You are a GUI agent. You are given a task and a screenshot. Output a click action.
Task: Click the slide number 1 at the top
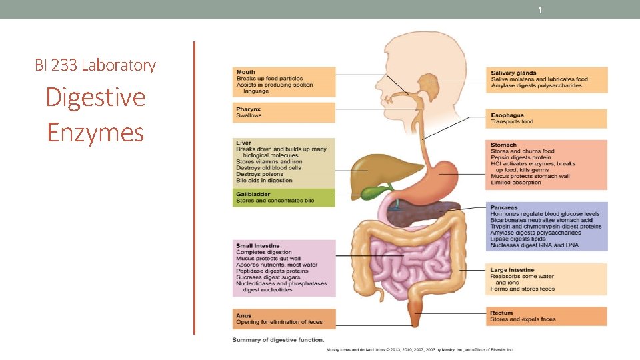(x=541, y=11)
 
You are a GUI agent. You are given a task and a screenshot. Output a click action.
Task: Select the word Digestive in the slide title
(x=95, y=97)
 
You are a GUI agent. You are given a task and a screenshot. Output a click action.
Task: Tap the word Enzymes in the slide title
(x=95, y=132)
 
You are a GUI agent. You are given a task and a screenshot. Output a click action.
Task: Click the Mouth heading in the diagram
(x=245, y=72)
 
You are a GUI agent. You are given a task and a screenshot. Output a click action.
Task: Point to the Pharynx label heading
(x=248, y=109)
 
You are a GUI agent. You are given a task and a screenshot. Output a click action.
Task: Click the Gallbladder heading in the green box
(x=254, y=194)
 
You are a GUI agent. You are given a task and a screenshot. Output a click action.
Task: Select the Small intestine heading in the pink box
(x=258, y=246)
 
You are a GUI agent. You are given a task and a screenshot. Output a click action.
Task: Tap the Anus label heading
(x=243, y=315)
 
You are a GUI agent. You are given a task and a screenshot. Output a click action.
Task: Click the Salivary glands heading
(x=513, y=73)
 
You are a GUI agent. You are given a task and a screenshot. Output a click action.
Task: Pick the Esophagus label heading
(x=507, y=115)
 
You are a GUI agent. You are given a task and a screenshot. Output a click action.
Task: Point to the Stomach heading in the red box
(x=503, y=145)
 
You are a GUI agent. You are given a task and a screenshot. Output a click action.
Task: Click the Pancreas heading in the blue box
(x=504, y=207)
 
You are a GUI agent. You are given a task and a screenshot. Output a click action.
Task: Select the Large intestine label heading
(x=513, y=270)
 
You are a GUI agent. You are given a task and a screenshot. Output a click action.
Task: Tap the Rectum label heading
(x=502, y=313)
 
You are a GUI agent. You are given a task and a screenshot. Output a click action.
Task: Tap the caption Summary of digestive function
(x=278, y=340)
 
